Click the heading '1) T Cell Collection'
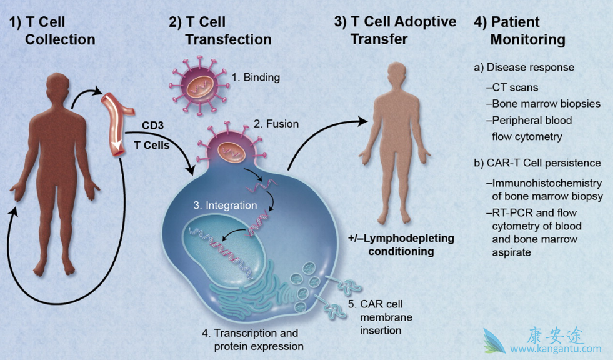52,31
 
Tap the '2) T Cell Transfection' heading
219,31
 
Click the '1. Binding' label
255,78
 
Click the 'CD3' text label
152,126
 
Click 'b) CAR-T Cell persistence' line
537,163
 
